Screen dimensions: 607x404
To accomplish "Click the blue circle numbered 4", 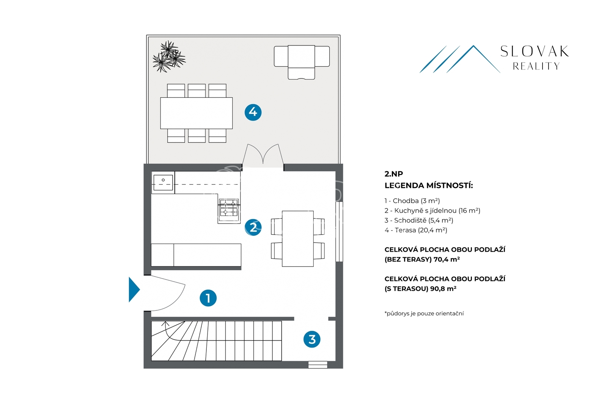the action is (x=253, y=112).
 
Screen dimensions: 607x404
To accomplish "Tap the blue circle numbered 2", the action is (x=253, y=227).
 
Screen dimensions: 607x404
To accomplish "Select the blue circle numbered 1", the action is (x=208, y=298).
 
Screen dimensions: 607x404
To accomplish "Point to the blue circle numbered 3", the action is (x=312, y=339).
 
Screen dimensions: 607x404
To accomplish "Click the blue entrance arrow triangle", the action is (x=134, y=290).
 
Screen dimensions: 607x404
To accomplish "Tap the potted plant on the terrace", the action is (x=169, y=57).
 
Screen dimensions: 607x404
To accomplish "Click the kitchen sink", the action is (x=163, y=182).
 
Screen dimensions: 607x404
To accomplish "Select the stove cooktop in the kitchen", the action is (x=229, y=208).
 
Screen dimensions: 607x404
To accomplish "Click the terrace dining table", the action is (x=197, y=113).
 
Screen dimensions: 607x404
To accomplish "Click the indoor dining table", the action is (x=298, y=239).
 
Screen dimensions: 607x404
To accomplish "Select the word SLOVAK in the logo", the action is (x=535, y=52).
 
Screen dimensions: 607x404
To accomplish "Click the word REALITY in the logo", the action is (x=536, y=66).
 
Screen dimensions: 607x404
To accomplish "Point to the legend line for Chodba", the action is (x=412, y=201).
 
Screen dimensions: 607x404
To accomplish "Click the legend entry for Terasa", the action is (x=416, y=230).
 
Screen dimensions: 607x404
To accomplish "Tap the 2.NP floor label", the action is (x=394, y=174).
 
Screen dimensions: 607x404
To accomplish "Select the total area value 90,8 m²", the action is (x=443, y=288).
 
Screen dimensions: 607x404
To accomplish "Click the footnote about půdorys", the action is (x=424, y=313).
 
